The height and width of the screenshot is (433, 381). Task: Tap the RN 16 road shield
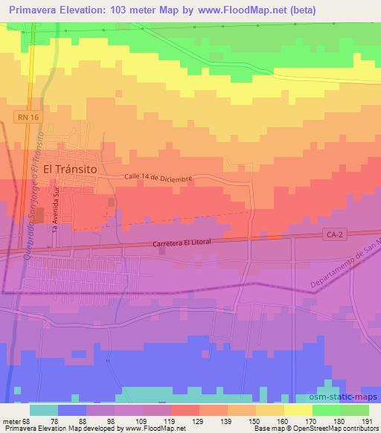pos(25,117)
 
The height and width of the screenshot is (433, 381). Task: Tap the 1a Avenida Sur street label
pos(55,211)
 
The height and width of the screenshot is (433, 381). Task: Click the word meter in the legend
pos(10,420)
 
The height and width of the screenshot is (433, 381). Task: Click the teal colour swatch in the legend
pos(43,409)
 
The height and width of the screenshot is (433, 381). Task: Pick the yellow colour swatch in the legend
pos(298,409)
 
